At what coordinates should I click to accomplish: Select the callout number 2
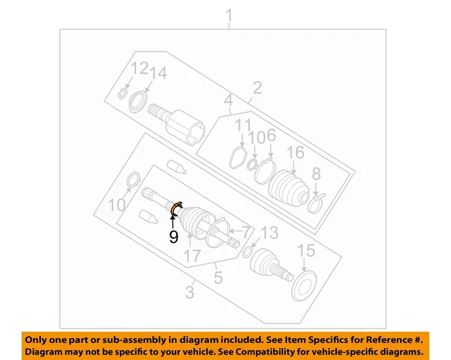click(x=257, y=87)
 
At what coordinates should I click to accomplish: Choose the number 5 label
click(x=218, y=278)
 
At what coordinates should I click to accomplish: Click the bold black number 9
click(x=173, y=237)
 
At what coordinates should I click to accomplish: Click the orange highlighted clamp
click(x=177, y=207)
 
